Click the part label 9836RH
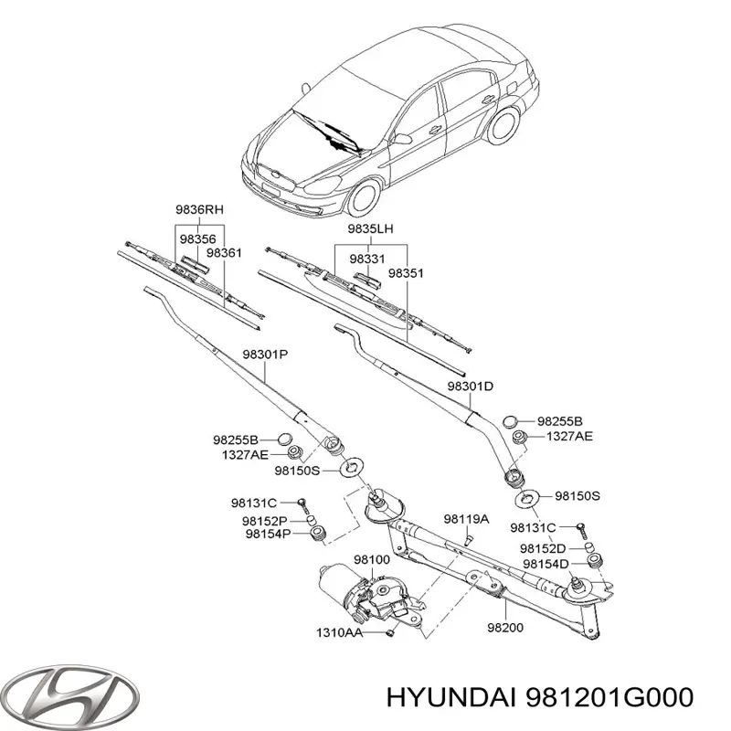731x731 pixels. point(200,210)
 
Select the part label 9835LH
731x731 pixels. point(370,228)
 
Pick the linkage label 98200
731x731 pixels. point(505,629)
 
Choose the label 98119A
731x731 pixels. point(467,519)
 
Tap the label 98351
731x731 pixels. point(406,272)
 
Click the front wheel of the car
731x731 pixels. point(366,198)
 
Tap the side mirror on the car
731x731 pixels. point(402,139)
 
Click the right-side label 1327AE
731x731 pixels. point(570,438)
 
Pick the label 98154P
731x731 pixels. point(267,535)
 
